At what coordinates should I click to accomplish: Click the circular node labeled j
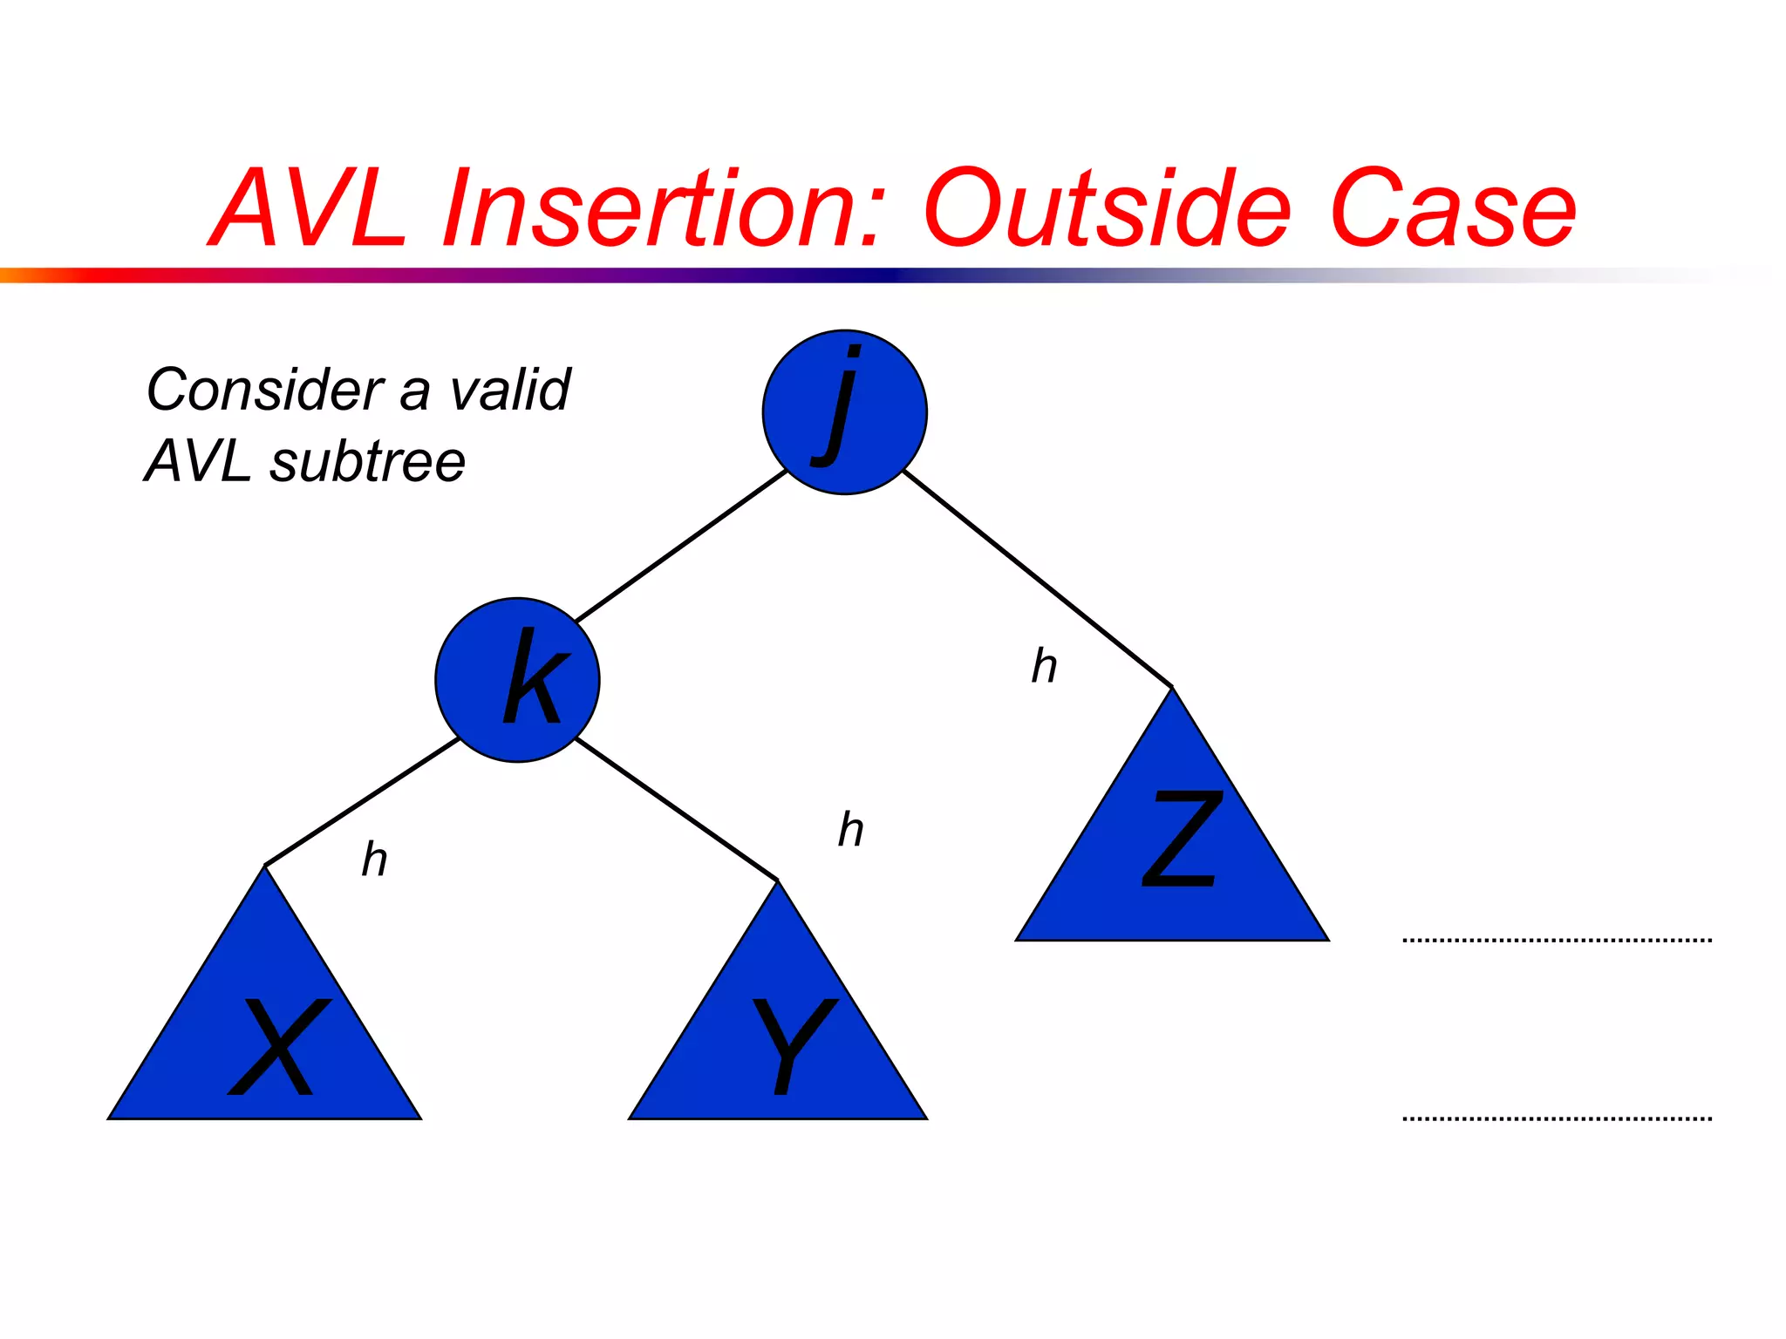click(x=844, y=412)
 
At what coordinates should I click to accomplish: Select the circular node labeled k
click(x=517, y=680)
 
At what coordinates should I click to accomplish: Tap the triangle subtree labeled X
click(x=265, y=1029)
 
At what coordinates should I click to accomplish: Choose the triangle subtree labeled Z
click(x=1172, y=846)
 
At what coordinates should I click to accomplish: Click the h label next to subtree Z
click(x=1044, y=667)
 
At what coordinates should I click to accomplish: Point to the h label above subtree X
click(x=374, y=860)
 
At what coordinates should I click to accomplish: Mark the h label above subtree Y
click(x=850, y=829)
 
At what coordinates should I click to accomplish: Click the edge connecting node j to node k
click(x=681, y=546)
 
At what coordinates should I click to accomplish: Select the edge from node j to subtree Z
click(x=1038, y=578)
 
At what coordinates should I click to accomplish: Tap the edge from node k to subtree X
click(x=362, y=802)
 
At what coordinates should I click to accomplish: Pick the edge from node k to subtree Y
click(x=676, y=809)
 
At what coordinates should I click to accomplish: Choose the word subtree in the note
click(x=367, y=461)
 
